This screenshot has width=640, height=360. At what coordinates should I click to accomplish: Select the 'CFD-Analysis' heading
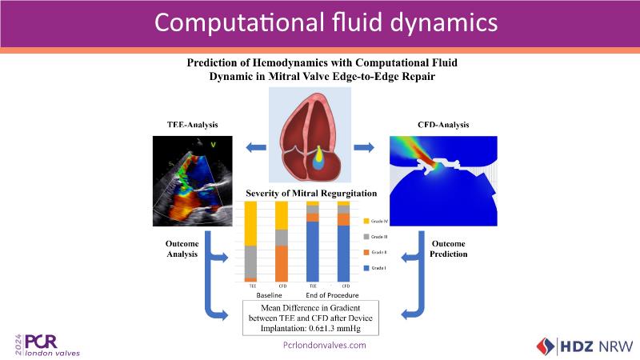tap(443, 125)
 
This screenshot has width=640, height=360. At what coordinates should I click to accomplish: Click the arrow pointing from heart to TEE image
tap(257, 146)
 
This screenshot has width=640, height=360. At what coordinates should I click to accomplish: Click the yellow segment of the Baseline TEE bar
tap(250, 223)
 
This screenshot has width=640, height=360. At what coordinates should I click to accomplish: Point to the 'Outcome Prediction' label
tap(449, 249)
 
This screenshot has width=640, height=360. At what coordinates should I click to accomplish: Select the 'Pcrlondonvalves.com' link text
tap(325, 345)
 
